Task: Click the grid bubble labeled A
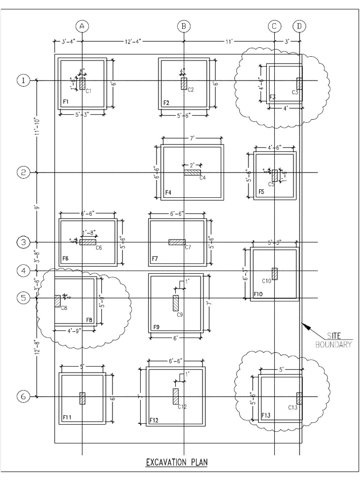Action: [x=82, y=26]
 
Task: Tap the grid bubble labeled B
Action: [x=184, y=26]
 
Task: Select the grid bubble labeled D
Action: [x=299, y=26]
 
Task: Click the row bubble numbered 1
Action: [x=23, y=81]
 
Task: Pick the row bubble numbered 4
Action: [x=23, y=270]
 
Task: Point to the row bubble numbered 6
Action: [x=23, y=397]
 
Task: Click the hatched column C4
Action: [x=192, y=172]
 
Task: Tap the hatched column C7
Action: [x=177, y=242]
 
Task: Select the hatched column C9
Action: [x=176, y=303]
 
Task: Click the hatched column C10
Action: [x=275, y=273]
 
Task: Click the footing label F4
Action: [x=168, y=193]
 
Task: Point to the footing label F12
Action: [x=154, y=420]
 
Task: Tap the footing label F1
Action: [x=66, y=102]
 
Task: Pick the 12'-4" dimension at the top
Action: [x=132, y=42]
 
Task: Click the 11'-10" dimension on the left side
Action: [x=36, y=127]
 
